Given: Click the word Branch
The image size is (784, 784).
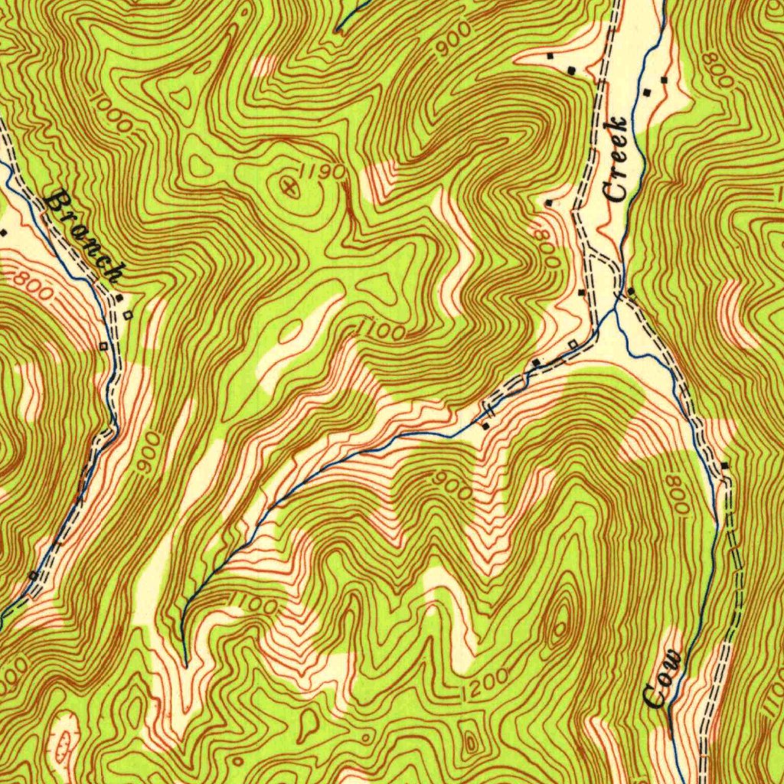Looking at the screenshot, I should [x=84, y=237].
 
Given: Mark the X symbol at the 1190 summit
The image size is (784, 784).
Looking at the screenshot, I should [x=289, y=185].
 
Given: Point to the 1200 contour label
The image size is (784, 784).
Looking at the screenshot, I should [x=486, y=684].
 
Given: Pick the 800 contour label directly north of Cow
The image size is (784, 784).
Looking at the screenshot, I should [x=678, y=498].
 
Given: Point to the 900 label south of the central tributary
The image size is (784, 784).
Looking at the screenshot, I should [x=451, y=484].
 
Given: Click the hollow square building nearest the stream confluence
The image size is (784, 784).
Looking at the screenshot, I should [x=572, y=344].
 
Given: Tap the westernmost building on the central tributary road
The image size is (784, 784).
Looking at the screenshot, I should [x=485, y=425].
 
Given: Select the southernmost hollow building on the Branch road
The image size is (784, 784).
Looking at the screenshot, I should [x=33, y=574].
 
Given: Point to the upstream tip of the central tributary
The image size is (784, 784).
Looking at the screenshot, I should [x=185, y=663].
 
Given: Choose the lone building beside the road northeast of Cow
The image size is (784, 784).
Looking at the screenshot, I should [x=724, y=465].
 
